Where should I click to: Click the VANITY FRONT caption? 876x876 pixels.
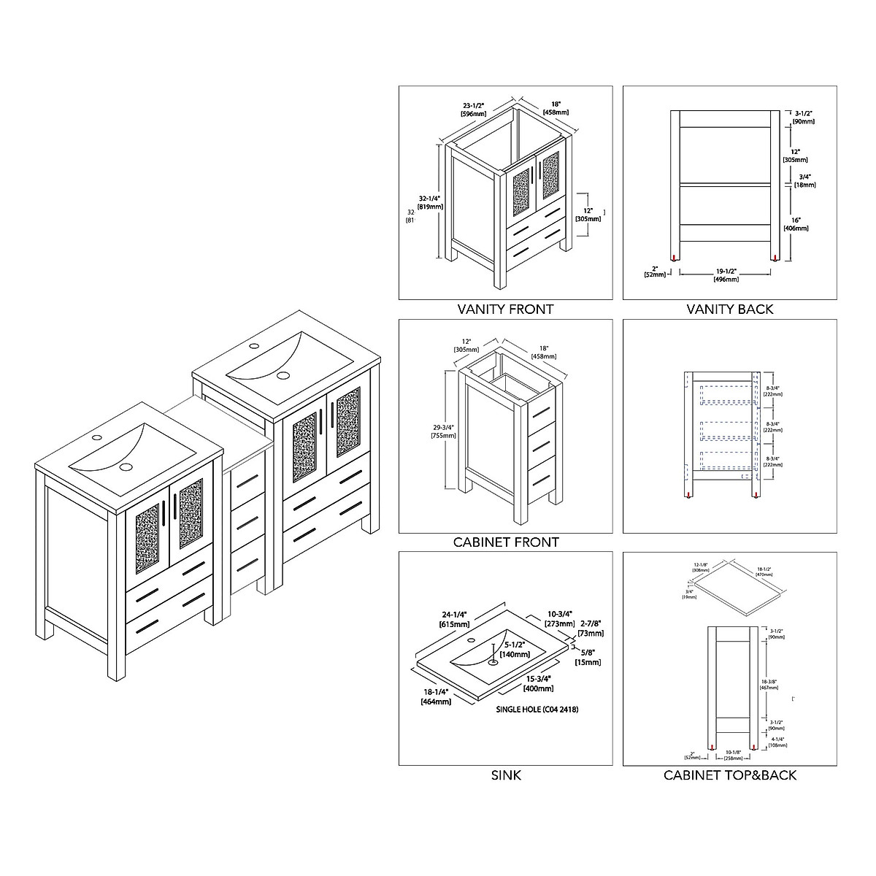(x=505, y=309)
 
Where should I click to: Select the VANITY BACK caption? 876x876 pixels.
(x=729, y=309)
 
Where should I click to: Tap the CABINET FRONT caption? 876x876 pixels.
(x=505, y=542)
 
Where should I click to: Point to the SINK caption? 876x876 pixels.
(x=505, y=775)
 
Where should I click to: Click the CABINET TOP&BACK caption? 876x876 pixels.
(x=729, y=775)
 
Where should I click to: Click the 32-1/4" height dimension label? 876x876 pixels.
(x=430, y=202)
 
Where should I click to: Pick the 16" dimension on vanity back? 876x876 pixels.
(x=796, y=223)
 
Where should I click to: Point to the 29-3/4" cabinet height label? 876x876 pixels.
(x=443, y=431)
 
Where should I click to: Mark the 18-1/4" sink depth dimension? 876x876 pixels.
(x=435, y=696)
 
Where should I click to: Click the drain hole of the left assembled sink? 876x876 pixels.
(x=126, y=466)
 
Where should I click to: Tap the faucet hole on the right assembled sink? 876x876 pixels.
(x=255, y=345)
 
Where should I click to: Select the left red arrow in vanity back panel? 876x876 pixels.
(x=680, y=257)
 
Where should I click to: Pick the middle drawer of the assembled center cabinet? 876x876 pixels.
(x=248, y=520)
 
